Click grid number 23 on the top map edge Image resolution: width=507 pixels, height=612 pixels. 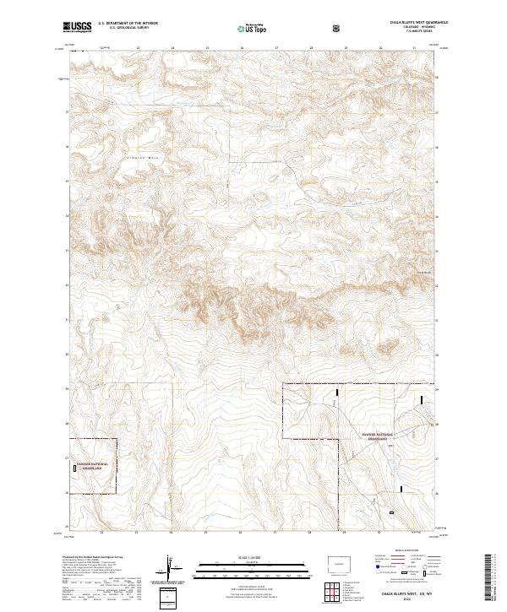pyautogui.click(x=137, y=48)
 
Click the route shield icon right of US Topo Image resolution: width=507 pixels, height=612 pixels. pyautogui.click(x=338, y=28)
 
